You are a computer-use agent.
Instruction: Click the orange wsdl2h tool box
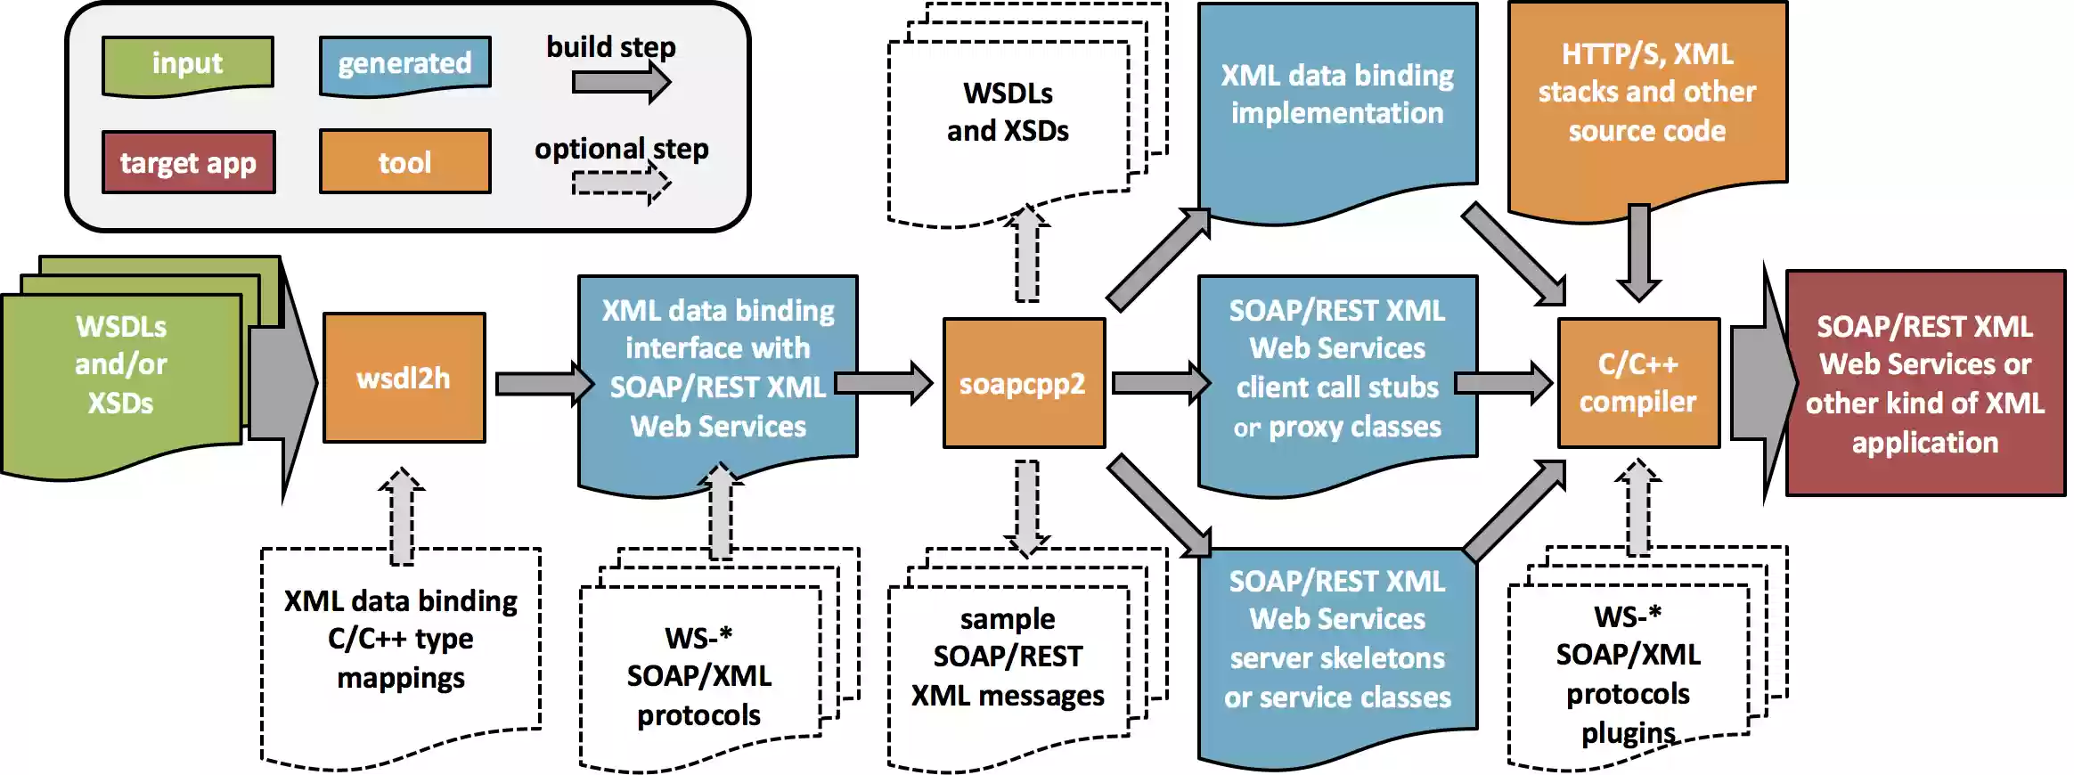coord(404,378)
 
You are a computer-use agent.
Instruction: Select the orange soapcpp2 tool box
coord(1024,383)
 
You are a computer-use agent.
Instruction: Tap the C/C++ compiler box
coord(1638,383)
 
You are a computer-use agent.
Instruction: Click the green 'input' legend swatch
coord(187,64)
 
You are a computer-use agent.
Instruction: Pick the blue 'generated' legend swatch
coord(404,64)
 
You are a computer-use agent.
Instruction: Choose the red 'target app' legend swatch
coord(188,162)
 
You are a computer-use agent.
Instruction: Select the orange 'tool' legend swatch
coord(404,161)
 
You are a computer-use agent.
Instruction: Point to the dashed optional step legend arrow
coord(622,184)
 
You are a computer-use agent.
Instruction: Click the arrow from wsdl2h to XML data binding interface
coord(544,384)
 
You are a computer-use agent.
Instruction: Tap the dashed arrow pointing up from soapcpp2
coord(1026,254)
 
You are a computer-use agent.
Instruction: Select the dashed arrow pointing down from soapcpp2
coord(1026,509)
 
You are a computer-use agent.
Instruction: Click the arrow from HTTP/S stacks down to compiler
coord(1638,254)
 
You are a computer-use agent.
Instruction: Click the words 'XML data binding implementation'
coord(1337,94)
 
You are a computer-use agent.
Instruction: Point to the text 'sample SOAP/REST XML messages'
coord(1008,657)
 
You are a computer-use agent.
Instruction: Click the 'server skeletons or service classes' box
coord(1337,655)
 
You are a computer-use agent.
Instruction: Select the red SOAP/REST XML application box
coord(1925,383)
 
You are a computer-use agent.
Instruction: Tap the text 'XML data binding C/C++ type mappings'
coord(401,639)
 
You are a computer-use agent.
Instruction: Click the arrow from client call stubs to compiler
coord(1504,383)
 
